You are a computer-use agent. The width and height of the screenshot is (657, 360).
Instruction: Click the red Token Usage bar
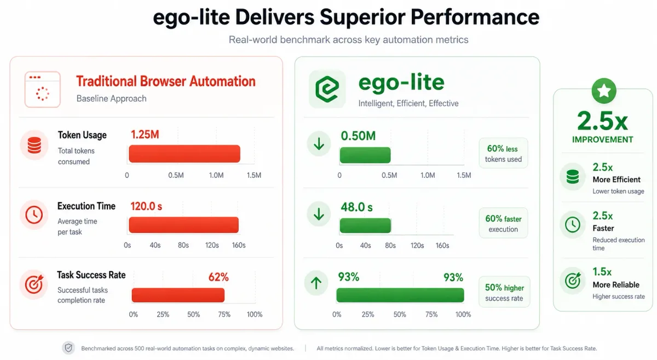pos(185,154)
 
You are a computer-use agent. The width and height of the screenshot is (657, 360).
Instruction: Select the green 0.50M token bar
pos(365,155)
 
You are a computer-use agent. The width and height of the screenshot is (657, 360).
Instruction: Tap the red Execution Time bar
pos(183,225)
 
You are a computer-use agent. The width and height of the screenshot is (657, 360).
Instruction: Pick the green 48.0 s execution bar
pos(366,225)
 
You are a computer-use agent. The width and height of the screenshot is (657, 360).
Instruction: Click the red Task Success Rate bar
pos(178,295)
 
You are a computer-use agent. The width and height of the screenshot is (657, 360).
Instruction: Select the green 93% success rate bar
pos(400,295)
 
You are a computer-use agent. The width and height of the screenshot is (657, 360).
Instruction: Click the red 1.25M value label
pos(145,135)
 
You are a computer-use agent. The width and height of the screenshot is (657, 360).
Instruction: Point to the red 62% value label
pos(218,277)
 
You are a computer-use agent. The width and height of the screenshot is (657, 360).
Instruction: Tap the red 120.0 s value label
pos(146,206)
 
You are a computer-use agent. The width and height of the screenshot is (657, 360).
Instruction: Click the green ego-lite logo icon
pos(327,89)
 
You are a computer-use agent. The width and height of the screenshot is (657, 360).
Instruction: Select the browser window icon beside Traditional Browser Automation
pos(43,89)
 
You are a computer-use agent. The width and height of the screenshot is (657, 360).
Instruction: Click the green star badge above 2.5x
pos(604,91)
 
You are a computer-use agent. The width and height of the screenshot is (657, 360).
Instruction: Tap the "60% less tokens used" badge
pos(503,153)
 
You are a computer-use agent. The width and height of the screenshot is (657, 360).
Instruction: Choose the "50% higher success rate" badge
pos(504,292)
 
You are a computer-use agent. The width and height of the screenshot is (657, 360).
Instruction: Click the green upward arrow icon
pos(316,283)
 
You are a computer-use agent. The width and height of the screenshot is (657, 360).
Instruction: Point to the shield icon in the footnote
pos(68,348)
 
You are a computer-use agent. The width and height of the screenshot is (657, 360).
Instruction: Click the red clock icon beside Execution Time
pos(34,214)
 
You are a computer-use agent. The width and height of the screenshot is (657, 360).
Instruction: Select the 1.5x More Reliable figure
pos(602,272)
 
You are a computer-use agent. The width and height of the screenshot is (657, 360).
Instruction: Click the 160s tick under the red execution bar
pos(239,245)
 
